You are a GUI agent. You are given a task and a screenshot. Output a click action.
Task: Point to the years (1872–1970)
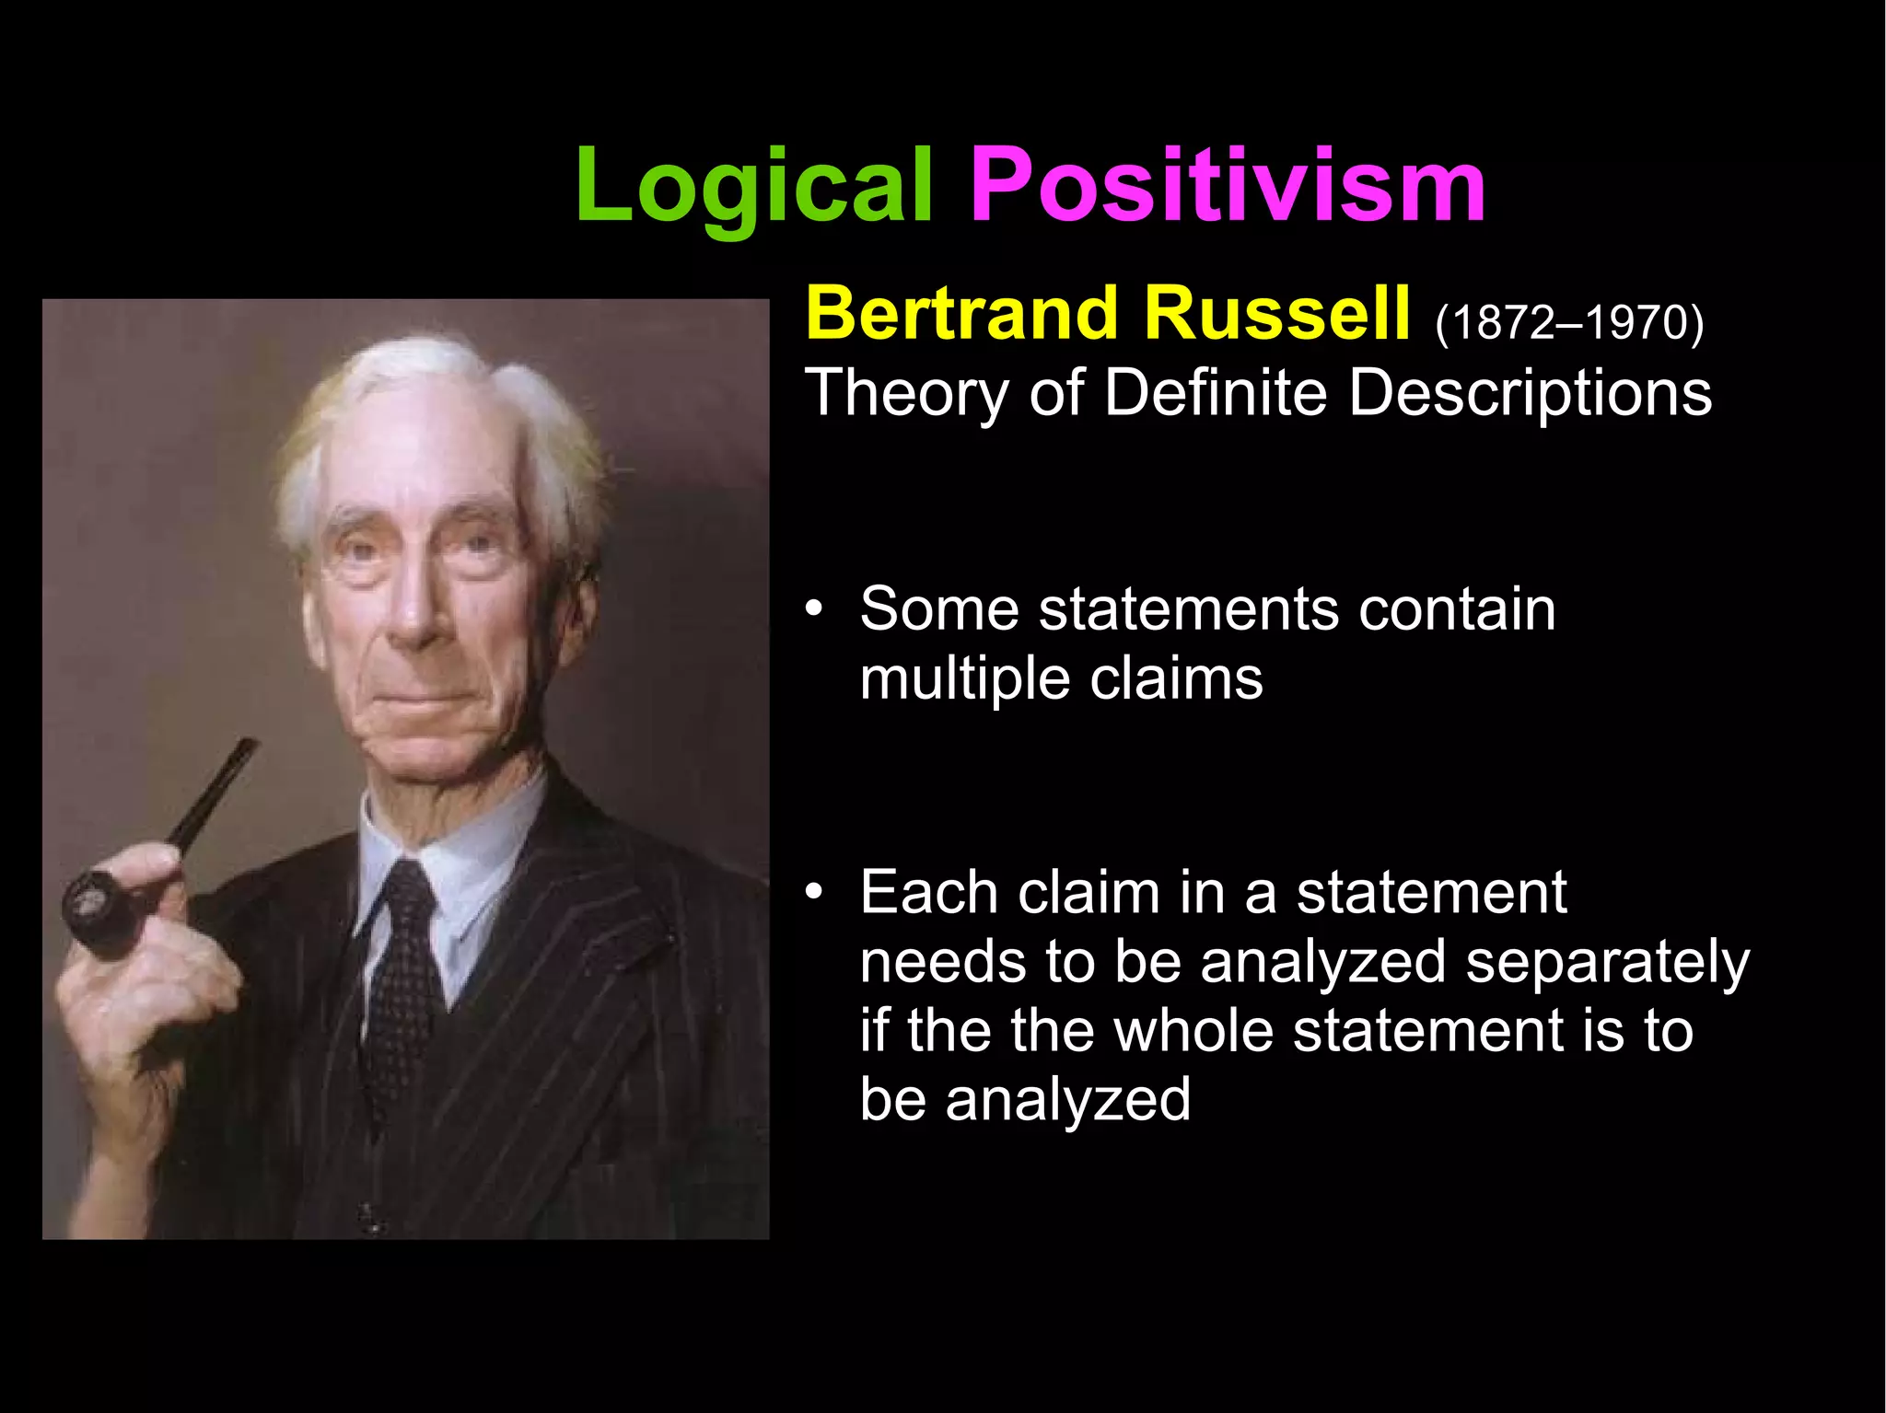[x=1569, y=322]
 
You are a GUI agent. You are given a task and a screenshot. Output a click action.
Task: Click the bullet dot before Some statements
[x=812, y=610]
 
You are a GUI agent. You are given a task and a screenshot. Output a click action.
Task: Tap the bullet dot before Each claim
[x=812, y=894]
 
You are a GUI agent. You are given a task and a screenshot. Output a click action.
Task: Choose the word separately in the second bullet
[x=1607, y=963]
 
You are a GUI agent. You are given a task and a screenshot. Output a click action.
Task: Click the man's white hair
[x=433, y=387]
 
